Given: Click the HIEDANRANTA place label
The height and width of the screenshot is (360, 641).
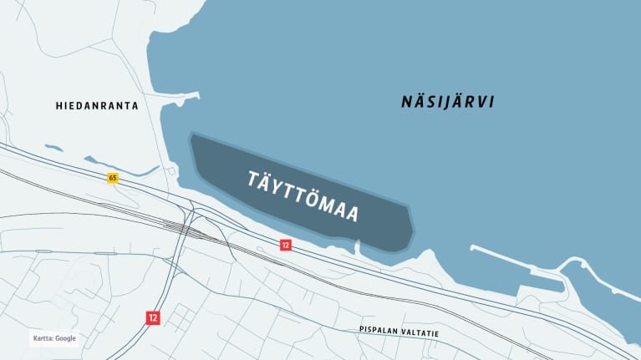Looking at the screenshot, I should coord(97,106).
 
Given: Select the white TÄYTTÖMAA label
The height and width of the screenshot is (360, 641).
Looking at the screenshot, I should coord(304,196).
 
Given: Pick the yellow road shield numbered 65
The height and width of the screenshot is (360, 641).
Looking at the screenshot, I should coord(113,178).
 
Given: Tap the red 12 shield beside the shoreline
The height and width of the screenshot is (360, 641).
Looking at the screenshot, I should coord(285,245).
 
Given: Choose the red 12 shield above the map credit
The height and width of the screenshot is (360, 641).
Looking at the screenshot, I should coord(152,317).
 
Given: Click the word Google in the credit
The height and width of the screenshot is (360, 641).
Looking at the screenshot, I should coord(66,338).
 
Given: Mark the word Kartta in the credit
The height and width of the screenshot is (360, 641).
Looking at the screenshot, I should coord(43,338).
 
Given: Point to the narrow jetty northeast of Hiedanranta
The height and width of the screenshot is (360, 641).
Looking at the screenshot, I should coord(186,96).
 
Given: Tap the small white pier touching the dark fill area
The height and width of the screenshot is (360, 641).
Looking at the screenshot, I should coord(359,247).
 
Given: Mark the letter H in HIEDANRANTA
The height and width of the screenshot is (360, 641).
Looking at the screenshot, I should coord(59,106).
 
